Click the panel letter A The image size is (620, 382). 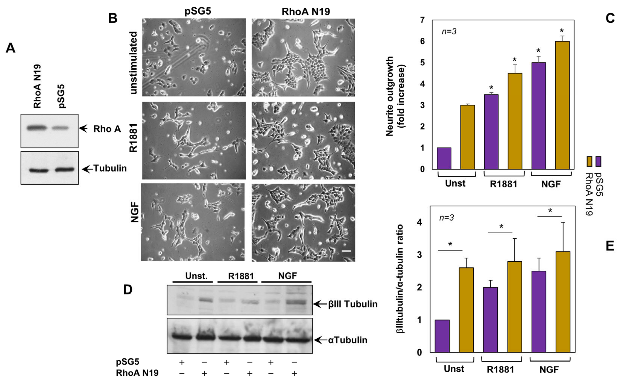10,48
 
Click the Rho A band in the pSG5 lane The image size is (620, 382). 60,128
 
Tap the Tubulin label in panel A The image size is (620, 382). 110,168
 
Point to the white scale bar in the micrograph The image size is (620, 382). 347,251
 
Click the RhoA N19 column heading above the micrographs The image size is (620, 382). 305,12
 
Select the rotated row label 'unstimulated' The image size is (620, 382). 133,63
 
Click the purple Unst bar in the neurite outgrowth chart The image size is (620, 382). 444,158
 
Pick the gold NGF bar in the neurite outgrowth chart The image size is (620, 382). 562,105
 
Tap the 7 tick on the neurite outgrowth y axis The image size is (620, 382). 422,20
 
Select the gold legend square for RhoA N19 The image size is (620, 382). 589,161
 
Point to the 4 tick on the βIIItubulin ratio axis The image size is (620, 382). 420,223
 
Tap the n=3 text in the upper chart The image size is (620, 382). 449,32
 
